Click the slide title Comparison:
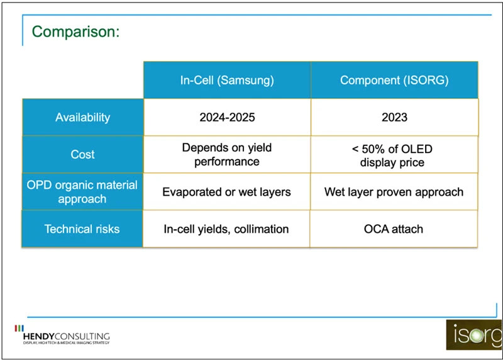(75, 31)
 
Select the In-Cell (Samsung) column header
(226, 80)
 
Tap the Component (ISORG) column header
(394, 80)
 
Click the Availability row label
(82, 117)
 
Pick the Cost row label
(82, 154)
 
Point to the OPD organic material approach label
(82, 191)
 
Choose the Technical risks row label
(82, 228)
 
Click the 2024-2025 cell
(226, 117)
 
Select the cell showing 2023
(394, 117)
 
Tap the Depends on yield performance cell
(226, 154)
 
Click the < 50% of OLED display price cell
(394, 155)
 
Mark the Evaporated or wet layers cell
(226, 191)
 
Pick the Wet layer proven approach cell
(394, 191)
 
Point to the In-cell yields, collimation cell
(226, 228)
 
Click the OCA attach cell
(394, 228)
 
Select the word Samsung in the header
(251, 80)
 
